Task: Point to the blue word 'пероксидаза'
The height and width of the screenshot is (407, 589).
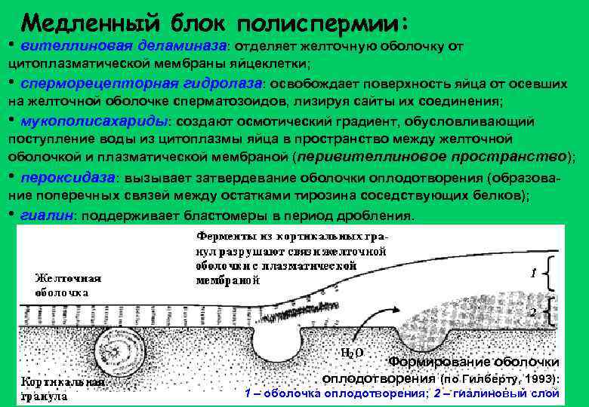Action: (66, 178)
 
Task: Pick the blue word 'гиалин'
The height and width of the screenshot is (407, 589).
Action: (46, 215)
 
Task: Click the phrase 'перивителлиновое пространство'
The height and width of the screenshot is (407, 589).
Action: (431, 158)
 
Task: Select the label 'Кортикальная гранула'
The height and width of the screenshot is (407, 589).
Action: (62, 389)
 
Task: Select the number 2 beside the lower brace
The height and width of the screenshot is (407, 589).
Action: (533, 311)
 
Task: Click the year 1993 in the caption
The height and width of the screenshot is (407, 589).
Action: (540, 378)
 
